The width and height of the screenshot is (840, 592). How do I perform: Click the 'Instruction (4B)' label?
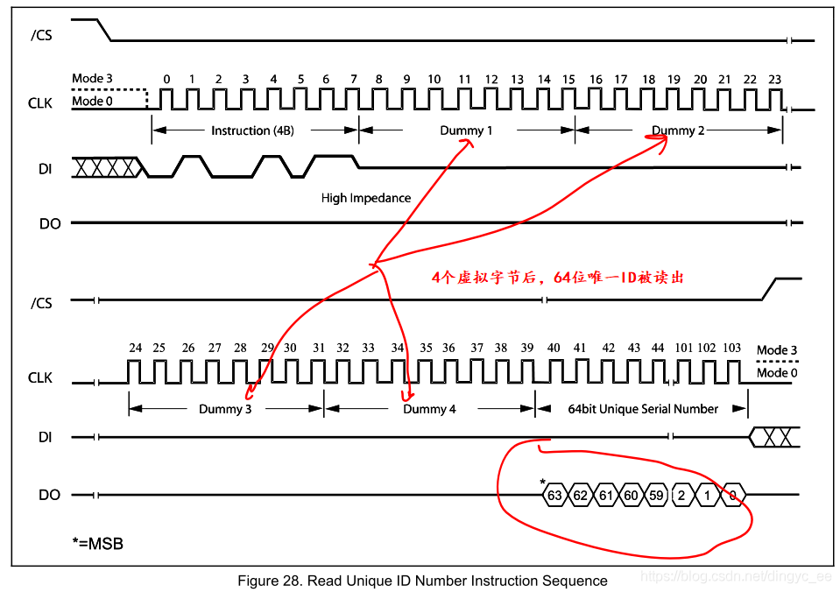click(x=253, y=130)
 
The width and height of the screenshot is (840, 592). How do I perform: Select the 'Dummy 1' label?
click(x=466, y=130)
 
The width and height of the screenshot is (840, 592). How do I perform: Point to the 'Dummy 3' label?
click(x=225, y=409)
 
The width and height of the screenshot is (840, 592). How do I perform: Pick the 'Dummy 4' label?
click(x=429, y=409)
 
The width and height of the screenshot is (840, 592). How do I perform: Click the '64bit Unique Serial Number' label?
click(x=643, y=409)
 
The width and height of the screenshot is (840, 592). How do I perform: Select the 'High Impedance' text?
click(x=365, y=198)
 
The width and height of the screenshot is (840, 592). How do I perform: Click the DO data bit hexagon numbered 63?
click(x=554, y=496)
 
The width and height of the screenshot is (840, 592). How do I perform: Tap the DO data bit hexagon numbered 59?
click(x=655, y=496)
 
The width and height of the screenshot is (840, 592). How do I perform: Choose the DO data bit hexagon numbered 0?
click(x=733, y=496)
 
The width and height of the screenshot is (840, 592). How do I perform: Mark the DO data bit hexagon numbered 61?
click(x=604, y=496)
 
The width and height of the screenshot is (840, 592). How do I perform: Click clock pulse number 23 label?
click(x=774, y=80)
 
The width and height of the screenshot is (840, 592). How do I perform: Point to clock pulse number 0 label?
click(x=166, y=80)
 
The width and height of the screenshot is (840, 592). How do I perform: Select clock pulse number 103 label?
click(x=731, y=349)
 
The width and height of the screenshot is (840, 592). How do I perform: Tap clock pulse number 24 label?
click(x=135, y=349)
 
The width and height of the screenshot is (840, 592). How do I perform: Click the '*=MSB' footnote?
click(x=97, y=544)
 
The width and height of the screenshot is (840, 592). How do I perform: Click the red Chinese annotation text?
click(x=557, y=278)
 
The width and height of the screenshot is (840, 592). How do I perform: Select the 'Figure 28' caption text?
click(x=422, y=581)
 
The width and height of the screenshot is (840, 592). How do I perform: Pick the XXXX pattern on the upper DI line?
click(x=105, y=166)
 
